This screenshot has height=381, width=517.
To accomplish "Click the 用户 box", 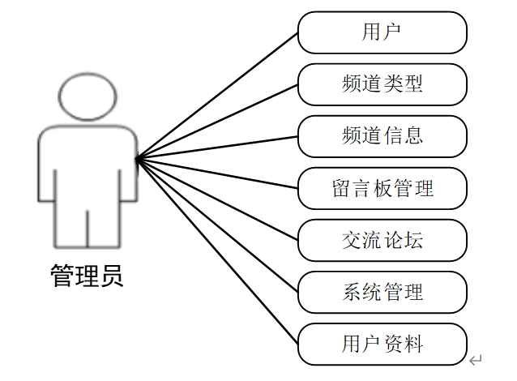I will [382, 32].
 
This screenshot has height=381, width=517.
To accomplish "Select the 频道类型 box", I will [382, 83].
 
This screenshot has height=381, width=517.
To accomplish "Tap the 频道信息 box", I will [382, 136].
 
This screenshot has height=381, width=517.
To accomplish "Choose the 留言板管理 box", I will [382, 189].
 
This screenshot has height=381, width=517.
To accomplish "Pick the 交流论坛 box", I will [382, 240].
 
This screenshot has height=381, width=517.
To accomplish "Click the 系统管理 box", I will [382, 292].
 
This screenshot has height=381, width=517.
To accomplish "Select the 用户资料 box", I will [382, 345].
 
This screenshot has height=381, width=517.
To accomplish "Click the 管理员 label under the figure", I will [87, 276].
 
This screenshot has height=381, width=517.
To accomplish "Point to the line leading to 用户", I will [217, 96].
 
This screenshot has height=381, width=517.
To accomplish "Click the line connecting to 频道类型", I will [217, 121].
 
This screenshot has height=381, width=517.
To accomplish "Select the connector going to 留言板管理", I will [217, 173].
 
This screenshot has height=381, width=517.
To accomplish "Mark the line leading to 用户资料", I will [217, 250].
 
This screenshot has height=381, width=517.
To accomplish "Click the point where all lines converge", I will [137, 159].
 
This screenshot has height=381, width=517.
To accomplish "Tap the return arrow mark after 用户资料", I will [476, 359].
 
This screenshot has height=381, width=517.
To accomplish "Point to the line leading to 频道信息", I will [217, 148].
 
